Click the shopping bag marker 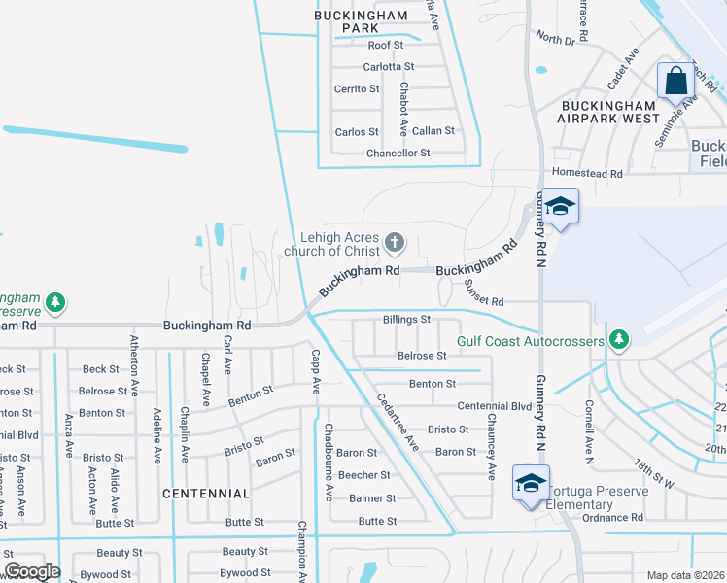point(675,81)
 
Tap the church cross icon point(394,241)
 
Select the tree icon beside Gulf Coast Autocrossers point(615,339)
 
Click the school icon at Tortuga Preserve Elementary point(531,483)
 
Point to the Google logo point(31,571)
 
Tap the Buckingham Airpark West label point(608,111)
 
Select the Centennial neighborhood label point(206,494)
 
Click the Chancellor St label point(398,154)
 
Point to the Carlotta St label point(389,67)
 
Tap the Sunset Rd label point(483,290)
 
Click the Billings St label point(406,319)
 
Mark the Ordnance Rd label point(613,518)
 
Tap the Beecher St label point(363,475)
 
